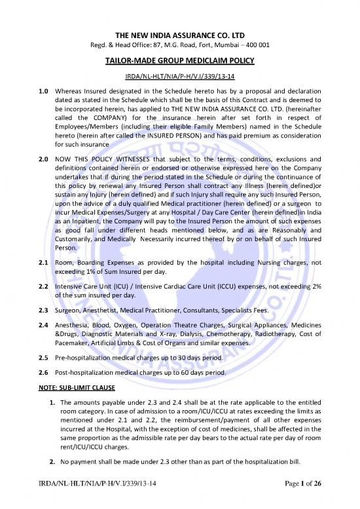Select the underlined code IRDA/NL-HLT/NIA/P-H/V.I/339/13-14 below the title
(180, 59)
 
